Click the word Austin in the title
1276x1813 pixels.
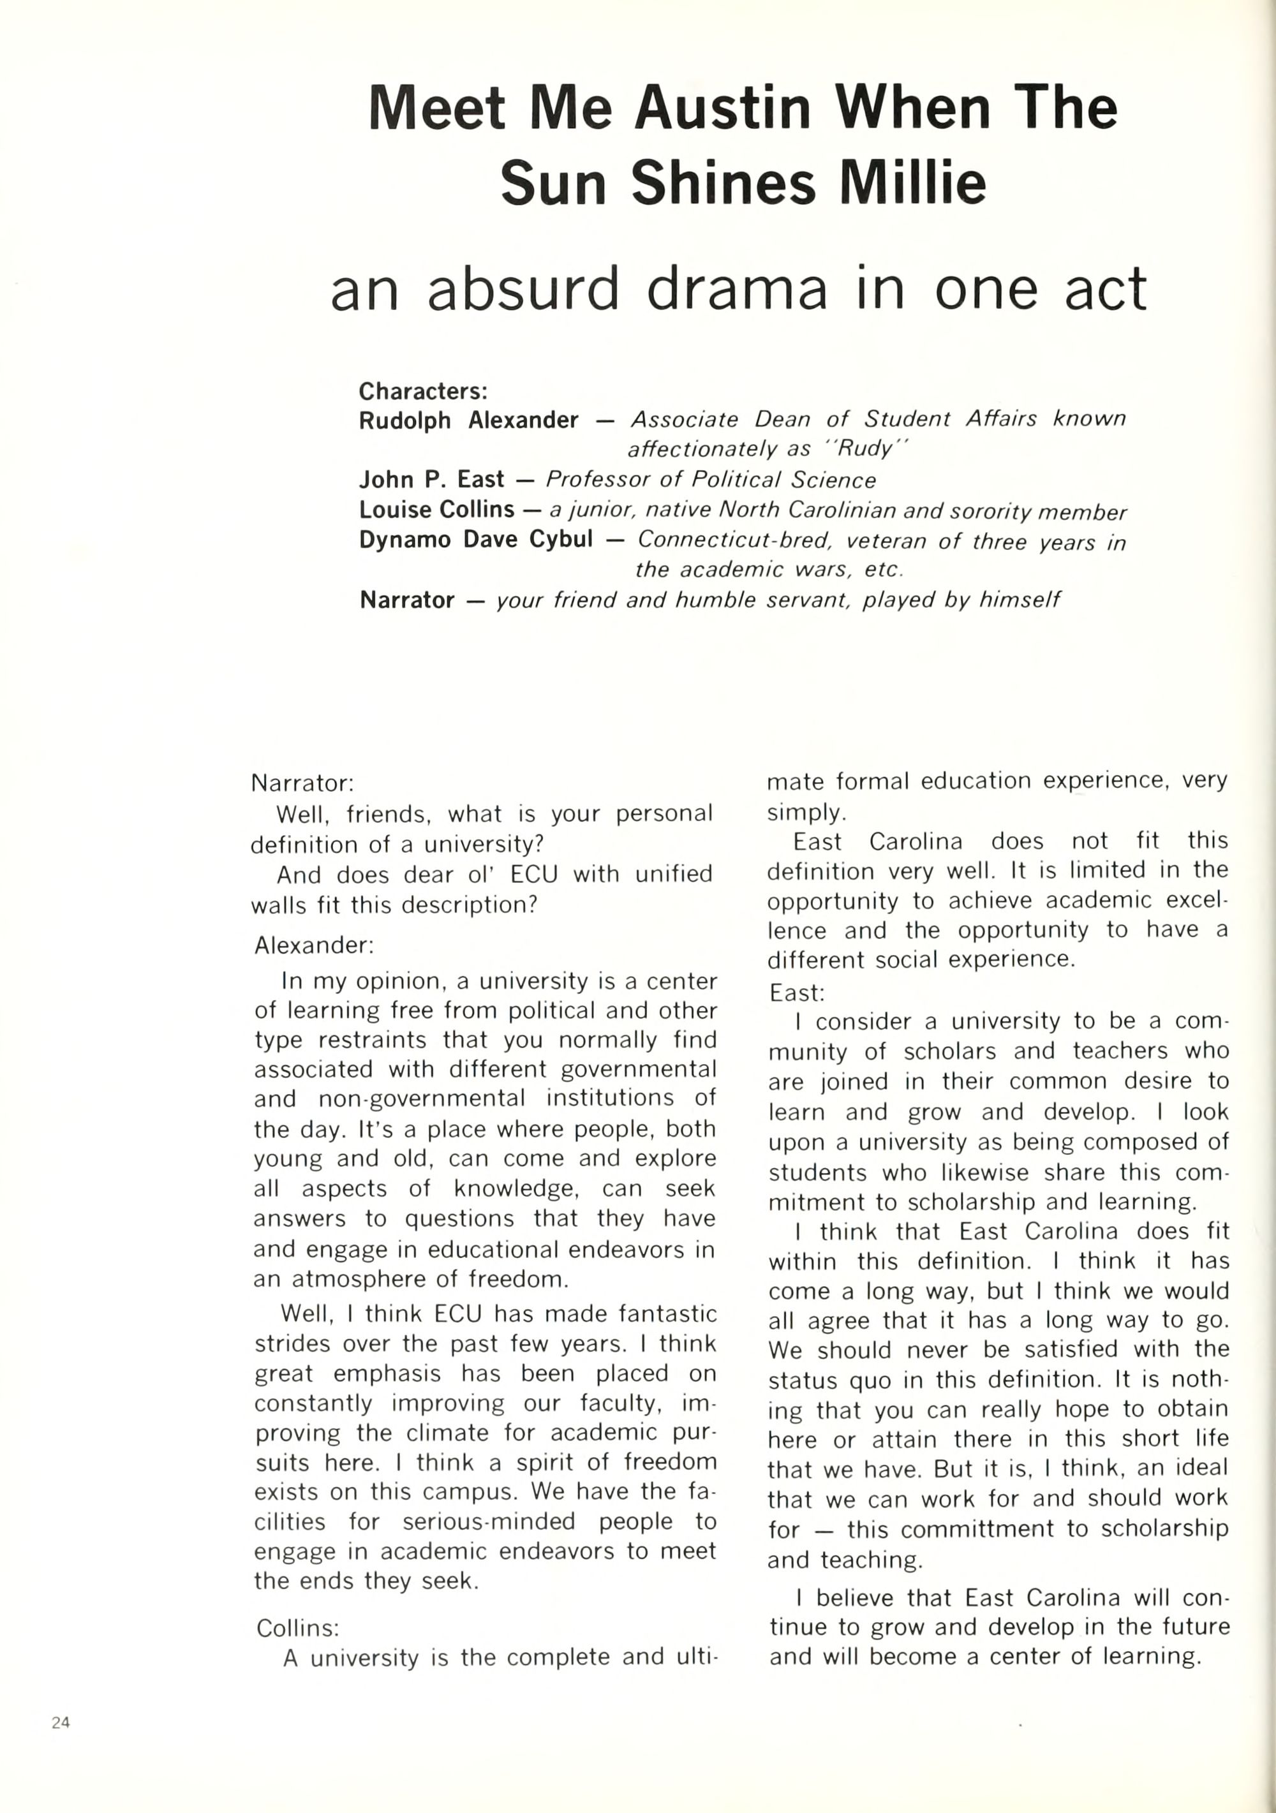722,108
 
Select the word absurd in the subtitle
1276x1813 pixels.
523,288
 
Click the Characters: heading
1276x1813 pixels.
423,391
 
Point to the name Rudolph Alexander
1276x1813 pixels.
468,420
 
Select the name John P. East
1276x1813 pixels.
431,479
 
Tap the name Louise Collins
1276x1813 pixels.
436,509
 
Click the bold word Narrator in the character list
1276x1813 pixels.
406,600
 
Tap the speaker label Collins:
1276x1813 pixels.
298,1627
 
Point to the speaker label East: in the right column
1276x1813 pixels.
797,993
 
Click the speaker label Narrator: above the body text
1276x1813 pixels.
302,783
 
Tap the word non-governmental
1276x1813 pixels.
422,1099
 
